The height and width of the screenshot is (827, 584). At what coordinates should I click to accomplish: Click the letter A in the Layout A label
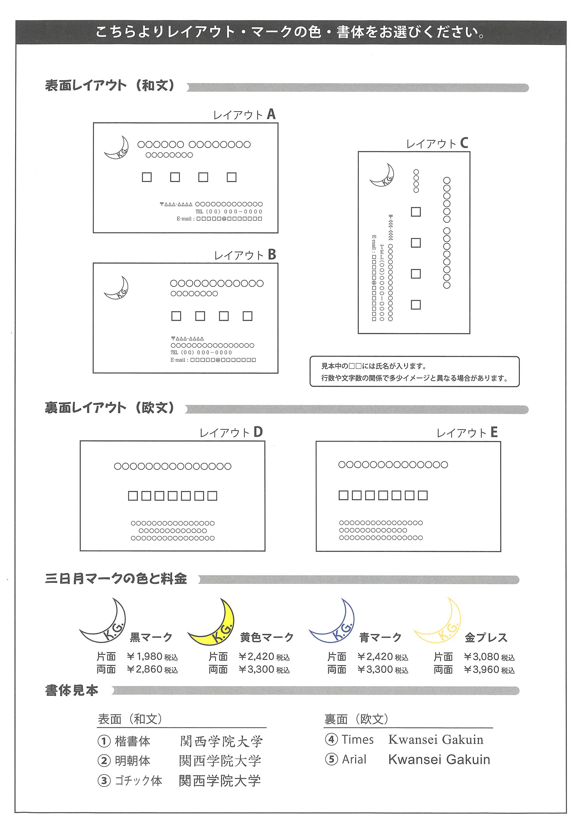point(271,115)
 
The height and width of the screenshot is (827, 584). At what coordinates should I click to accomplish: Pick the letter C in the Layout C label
point(464,143)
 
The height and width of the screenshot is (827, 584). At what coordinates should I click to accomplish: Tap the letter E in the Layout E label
point(494,432)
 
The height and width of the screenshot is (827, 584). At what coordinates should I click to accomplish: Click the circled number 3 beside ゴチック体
point(104,781)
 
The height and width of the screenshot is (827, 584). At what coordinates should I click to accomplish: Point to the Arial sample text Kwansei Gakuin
point(439,759)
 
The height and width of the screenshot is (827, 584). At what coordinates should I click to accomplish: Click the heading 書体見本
point(71,690)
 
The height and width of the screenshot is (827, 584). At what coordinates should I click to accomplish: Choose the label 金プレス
point(486,638)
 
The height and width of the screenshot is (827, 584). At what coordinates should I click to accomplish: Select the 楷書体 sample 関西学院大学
point(221,741)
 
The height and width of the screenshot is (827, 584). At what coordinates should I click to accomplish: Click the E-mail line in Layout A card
point(219,219)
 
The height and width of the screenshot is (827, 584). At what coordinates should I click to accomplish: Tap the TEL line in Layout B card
point(201,353)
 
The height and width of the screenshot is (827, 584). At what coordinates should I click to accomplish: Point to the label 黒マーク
point(151,637)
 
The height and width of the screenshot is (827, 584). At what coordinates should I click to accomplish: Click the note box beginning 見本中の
point(414,372)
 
